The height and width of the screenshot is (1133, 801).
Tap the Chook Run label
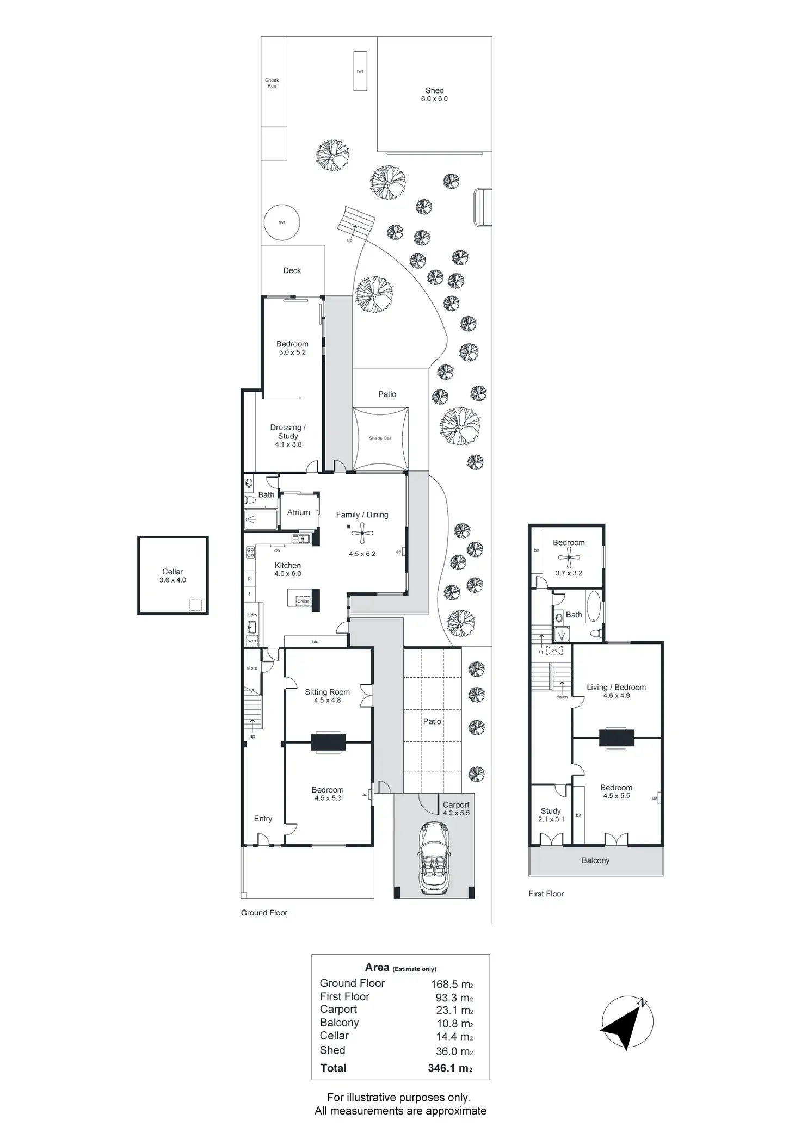point(272,83)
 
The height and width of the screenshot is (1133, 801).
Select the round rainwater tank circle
point(281,222)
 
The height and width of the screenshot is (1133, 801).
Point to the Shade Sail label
point(380,438)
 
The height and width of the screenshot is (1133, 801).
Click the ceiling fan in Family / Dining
point(362,534)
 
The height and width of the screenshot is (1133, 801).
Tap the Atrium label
point(298,512)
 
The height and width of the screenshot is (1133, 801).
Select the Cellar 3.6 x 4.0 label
point(172,575)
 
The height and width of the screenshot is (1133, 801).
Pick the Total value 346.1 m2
point(450,1068)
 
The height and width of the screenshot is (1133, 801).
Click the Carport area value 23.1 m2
point(454,1010)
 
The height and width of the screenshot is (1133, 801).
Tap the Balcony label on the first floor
point(595,860)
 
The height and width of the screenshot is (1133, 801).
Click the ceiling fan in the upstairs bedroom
point(569,558)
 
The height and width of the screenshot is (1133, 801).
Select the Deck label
point(292,270)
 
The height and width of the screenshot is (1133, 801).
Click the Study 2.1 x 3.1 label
point(551,815)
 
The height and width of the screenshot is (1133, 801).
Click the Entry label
point(263,819)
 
